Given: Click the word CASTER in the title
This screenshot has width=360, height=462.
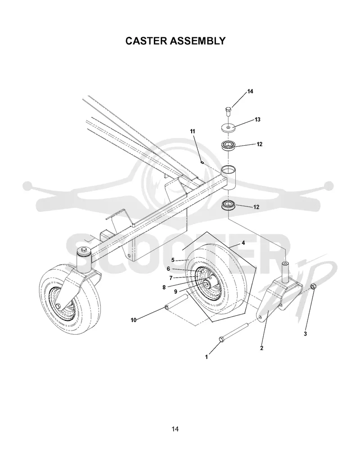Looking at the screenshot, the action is coord(146,41).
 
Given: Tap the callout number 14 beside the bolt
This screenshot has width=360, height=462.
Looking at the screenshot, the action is coord(250,91).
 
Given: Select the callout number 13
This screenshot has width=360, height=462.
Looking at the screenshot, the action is coord(257,120).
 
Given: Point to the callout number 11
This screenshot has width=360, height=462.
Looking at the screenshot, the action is coord(193,131).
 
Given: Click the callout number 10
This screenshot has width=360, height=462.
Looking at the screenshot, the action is coord(134,320).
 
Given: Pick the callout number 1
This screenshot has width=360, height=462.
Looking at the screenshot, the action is coord(207,357).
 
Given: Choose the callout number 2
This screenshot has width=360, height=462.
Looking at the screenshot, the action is coord(261,348).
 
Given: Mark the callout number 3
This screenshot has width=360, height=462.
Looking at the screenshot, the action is coord(305,334).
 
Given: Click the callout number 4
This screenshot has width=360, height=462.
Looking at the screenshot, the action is coord(243,243).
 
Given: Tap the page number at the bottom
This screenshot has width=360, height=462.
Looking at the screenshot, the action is coord(175,429).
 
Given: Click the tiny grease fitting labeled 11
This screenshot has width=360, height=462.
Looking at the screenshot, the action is coord(202,161).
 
